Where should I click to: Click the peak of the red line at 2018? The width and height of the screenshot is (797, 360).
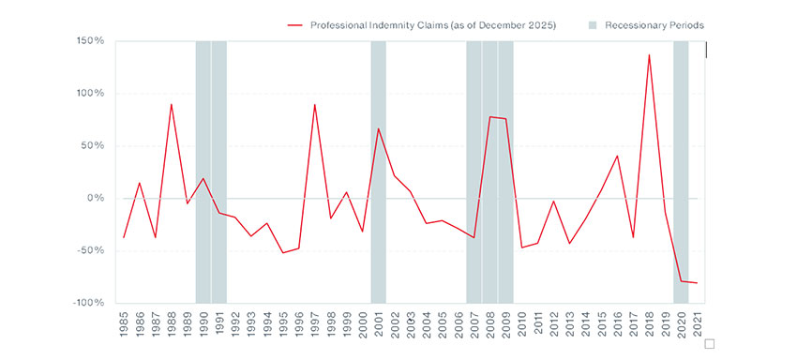click(x=649, y=54)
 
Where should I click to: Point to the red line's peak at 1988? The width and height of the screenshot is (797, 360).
click(x=171, y=104)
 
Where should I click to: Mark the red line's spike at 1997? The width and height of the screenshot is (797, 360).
click(x=314, y=104)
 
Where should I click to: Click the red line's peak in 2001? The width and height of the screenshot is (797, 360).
click(x=378, y=128)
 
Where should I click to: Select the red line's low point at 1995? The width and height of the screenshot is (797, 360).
click(x=283, y=253)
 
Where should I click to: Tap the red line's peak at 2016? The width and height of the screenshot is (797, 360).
click(x=617, y=156)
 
